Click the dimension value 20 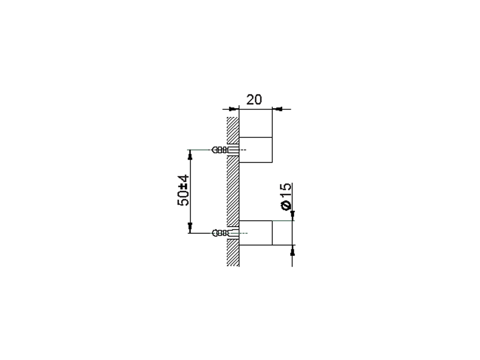(254, 100)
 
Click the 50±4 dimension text (183, 190)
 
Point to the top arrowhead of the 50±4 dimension (190, 154)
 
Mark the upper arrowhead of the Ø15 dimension (292, 215)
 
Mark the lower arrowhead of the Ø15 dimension (292, 250)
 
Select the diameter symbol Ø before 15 (286, 205)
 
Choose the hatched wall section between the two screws (233, 191)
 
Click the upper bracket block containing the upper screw (255, 150)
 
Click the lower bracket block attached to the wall (255, 233)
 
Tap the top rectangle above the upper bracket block (255, 123)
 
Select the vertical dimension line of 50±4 (190, 191)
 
